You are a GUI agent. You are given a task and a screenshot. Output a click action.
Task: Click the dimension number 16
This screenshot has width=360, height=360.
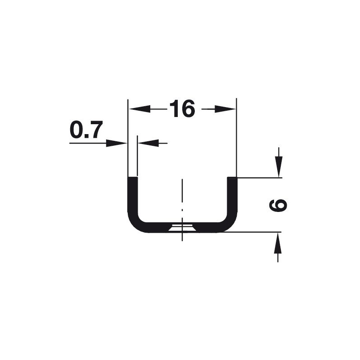pos(182,108)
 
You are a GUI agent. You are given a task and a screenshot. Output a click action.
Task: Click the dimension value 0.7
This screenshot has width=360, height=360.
pos(86,130)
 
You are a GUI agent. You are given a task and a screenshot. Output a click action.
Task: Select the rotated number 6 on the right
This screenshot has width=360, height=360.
pos(278,205)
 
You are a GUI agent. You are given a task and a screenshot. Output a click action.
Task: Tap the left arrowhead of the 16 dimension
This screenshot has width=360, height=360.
pos(139,109)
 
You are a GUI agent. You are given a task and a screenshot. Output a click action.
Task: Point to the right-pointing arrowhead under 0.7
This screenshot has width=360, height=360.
pos(117,143)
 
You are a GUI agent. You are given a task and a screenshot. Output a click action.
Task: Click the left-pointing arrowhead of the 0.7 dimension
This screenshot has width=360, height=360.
pos(148,143)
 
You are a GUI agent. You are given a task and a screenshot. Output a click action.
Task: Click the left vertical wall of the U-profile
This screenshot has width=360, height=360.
pos(132,195)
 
